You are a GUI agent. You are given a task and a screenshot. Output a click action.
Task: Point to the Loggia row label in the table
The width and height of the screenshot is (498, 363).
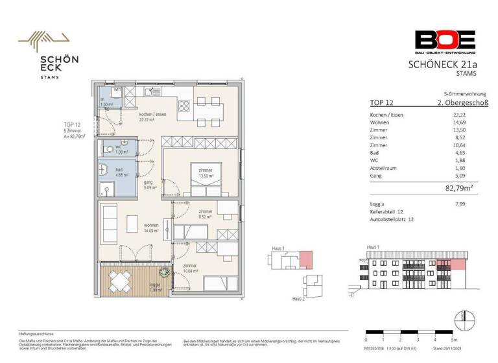click(378, 204)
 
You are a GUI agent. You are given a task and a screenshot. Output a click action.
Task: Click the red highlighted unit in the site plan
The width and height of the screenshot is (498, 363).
click(305, 259)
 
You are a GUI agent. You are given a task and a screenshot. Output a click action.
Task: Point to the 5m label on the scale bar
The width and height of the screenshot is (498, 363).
click(455, 340)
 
